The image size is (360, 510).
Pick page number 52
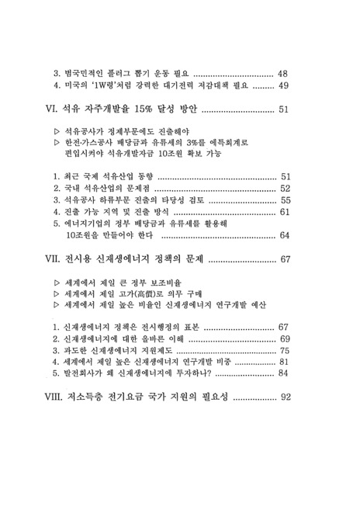[285, 188]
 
